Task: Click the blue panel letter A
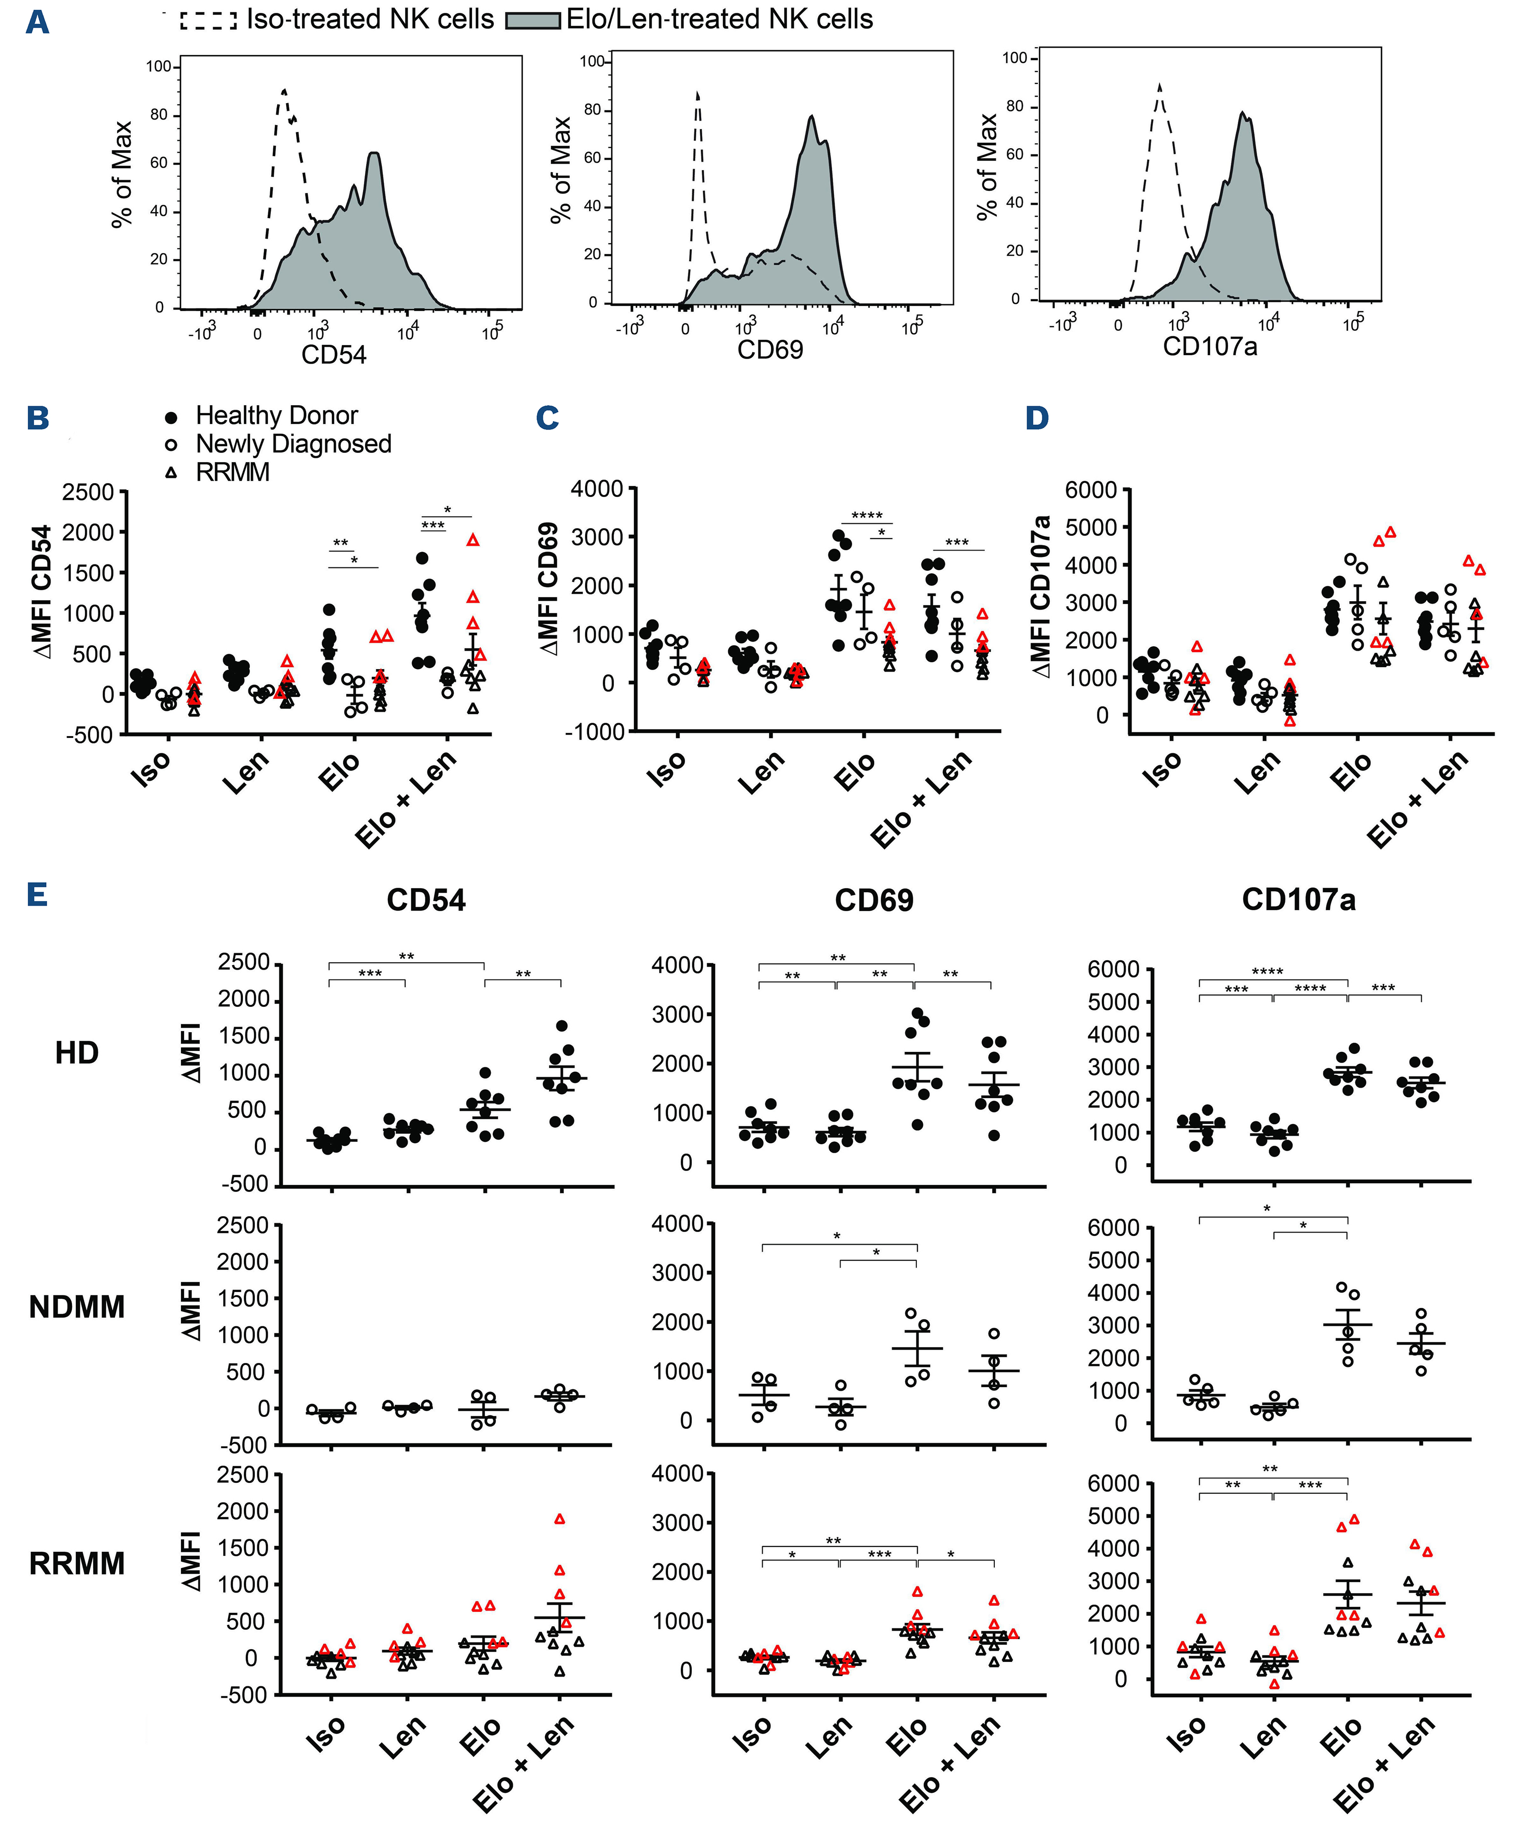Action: pos(37,22)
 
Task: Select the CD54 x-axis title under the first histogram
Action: pos(334,355)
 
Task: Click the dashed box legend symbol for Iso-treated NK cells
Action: pos(208,20)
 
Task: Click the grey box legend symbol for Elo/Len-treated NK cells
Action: pos(533,20)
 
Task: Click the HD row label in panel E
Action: pos(77,1053)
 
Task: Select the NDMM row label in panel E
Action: pos(77,1307)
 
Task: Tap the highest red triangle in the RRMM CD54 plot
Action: pos(560,1519)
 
